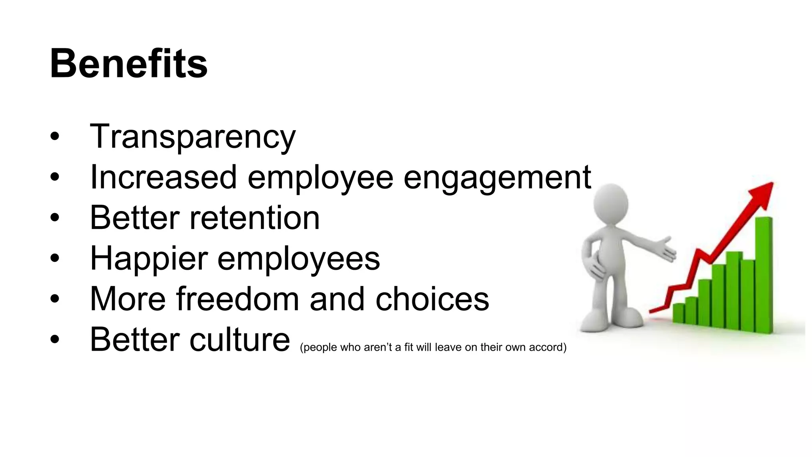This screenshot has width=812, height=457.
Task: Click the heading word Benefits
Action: point(128,64)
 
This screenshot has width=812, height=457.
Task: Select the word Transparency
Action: point(193,136)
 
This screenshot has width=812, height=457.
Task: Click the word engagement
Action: point(497,179)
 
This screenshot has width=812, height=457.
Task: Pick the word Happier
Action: point(149,259)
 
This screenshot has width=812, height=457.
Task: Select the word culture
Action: point(239,340)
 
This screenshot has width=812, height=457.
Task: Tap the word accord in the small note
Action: point(548,348)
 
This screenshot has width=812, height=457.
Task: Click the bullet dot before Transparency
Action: point(55,137)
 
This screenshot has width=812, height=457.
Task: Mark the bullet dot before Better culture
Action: point(55,340)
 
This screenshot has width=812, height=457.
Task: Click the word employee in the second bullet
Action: point(320,179)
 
